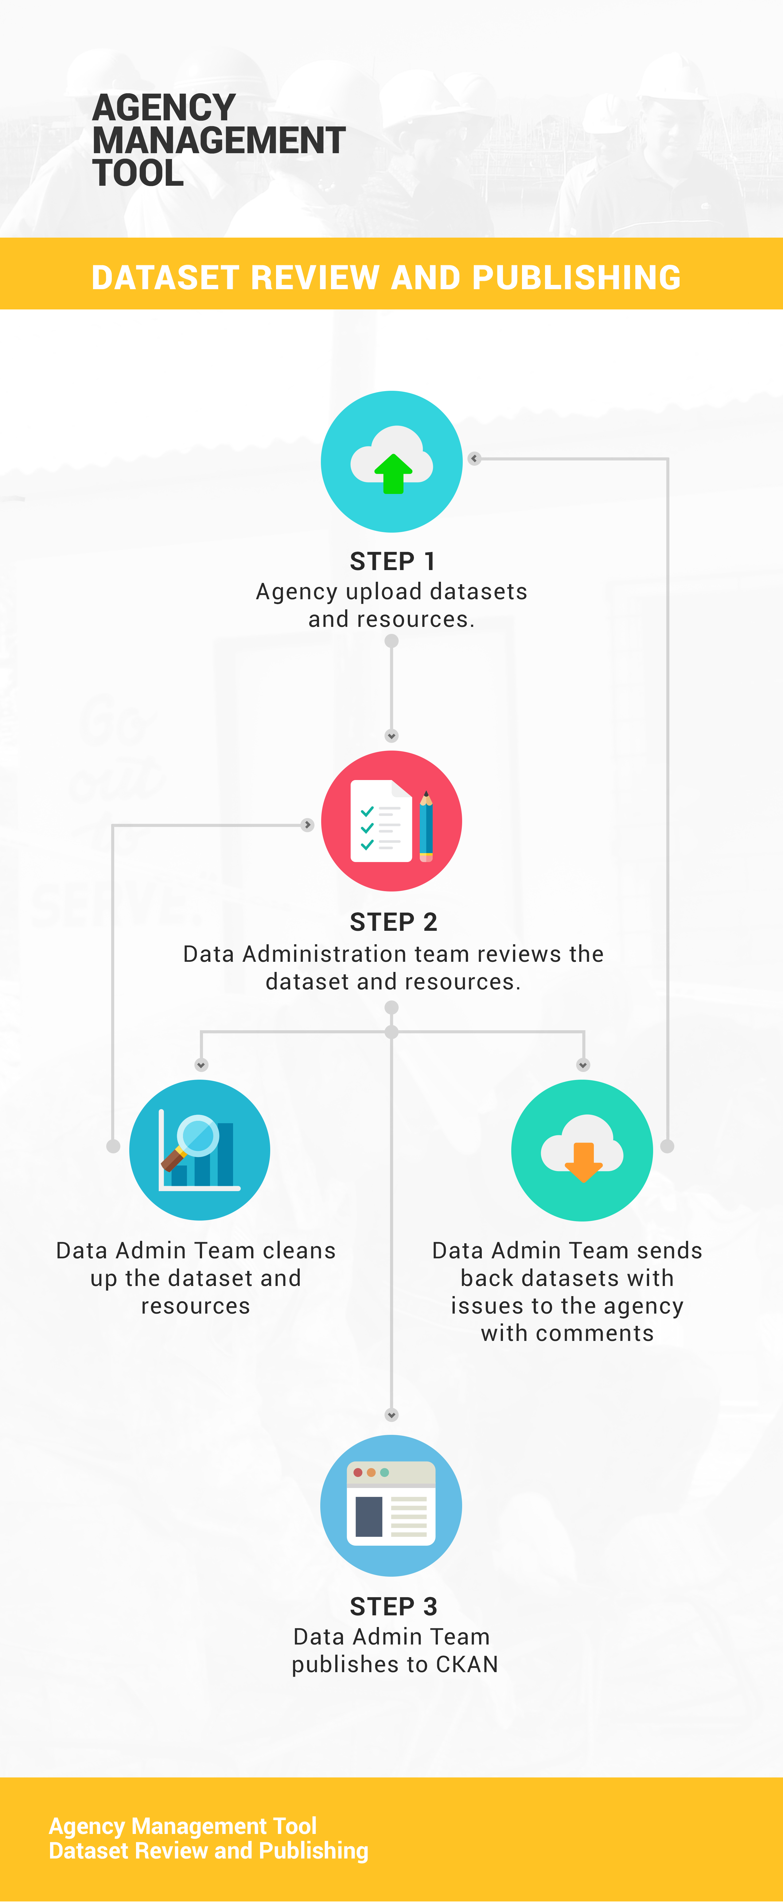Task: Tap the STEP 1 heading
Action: (392, 561)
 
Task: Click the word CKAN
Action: (467, 1664)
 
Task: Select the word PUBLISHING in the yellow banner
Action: (576, 278)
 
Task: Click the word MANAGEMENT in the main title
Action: (219, 140)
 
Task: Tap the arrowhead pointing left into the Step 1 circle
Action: (474, 459)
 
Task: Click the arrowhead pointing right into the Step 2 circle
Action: (307, 825)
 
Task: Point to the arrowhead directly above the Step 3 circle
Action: (391, 1415)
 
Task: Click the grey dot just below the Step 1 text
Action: (391, 641)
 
